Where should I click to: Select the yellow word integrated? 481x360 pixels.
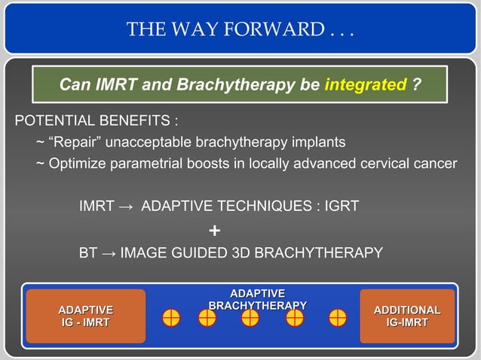point(366,84)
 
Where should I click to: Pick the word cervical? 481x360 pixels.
point(384,163)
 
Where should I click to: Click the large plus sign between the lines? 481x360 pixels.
point(215,230)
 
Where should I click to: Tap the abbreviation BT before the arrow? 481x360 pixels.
point(88,253)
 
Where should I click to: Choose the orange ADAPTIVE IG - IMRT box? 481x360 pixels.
point(86,316)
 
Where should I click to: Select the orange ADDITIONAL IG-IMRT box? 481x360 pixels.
point(407,316)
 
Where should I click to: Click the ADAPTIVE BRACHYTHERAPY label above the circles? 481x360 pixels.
point(257,298)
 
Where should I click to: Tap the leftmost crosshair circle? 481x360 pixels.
point(171,318)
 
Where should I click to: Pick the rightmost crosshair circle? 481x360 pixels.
point(337,318)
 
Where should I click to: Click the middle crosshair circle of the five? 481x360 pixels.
point(250,318)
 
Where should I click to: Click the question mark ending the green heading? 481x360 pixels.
point(416,84)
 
